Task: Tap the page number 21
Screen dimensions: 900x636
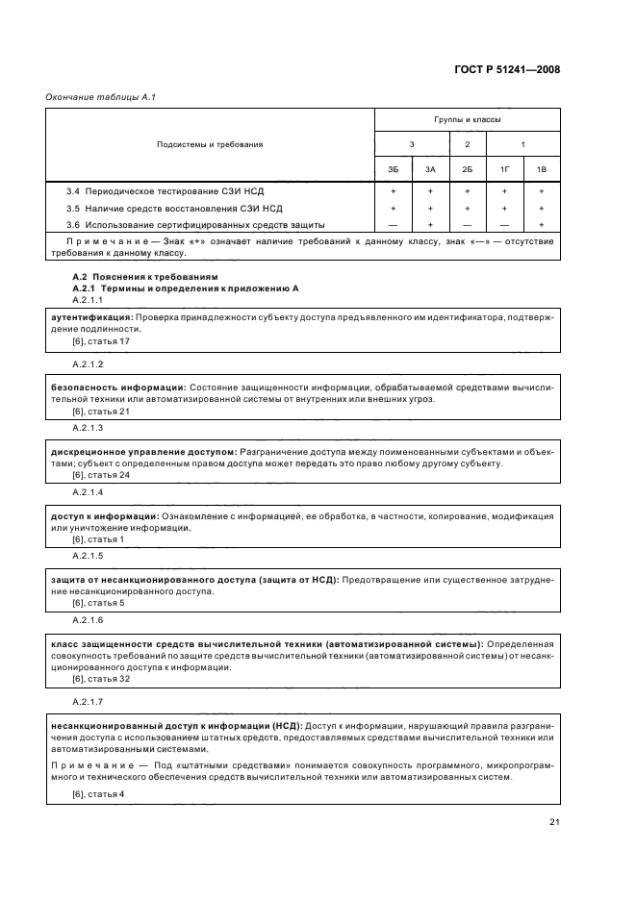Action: coord(554,821)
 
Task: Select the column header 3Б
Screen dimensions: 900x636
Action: coord(393,169)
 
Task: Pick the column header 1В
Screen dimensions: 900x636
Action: coord(541,169)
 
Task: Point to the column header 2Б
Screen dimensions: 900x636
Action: coord(467,169)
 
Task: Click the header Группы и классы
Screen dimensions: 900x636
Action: coord(467,119)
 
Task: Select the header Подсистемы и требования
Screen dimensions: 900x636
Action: coord(210,144)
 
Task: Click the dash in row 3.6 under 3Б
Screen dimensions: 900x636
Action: coord(393,224)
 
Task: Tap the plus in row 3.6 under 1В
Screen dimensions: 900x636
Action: coord(541,224)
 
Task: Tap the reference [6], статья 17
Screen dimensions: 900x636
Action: coord(101,341)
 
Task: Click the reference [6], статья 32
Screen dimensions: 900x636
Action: coord(101,679)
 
